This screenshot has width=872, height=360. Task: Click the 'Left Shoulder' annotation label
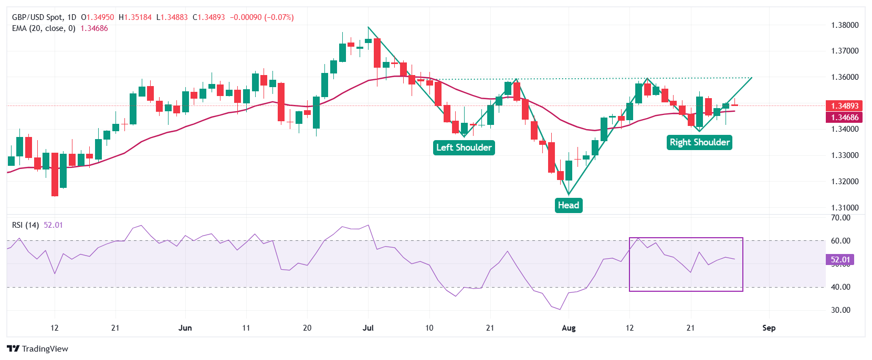[x=464, y=147]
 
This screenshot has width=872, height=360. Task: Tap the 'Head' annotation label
[x=568, y=205]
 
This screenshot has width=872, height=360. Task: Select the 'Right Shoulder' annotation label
[x=699, y=142]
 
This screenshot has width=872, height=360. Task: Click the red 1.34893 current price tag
[x=844, y=106]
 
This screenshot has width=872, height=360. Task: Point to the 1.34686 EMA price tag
[x=844, y=118]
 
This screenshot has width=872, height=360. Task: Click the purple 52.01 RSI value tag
[x=840, y=260]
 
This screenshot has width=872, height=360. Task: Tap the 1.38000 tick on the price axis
[x=845, y=25]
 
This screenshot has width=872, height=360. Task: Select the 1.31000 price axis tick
[x=845, y=208]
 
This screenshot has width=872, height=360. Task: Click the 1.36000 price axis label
[x=845, y=77]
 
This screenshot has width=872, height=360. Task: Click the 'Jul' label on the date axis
[x=368, y=328]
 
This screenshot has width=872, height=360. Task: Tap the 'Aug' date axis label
[x=569, y=328]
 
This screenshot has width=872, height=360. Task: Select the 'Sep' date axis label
[x=769, y=328]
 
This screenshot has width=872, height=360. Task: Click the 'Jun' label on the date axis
[x=185, y=328]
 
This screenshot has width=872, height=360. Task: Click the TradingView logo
[x=38, y=349]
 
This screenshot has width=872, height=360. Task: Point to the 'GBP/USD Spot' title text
[x=37, y=17]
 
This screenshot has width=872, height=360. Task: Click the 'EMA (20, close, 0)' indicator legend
[x=44, y=28]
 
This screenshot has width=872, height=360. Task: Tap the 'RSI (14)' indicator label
[x=25, y=225]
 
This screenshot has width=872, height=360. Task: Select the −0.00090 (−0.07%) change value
[x=261, y=17]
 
